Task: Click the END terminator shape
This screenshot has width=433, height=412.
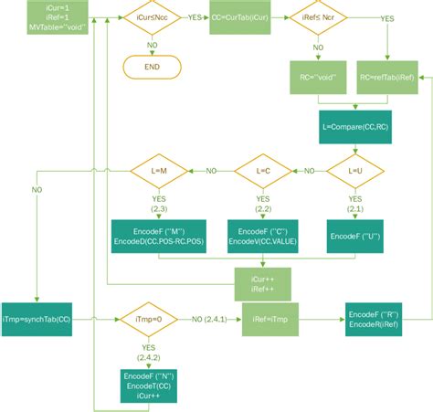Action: click(153, 67)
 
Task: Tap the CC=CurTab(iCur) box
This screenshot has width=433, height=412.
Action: click(238, 17)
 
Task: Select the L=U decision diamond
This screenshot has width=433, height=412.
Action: click(354, 171)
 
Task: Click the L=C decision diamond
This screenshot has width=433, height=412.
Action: click(263, 171)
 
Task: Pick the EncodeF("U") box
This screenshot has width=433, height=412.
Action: click(354, 236)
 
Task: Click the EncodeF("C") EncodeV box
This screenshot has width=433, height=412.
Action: click(263, 236)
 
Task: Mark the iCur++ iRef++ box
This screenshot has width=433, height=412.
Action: click(263, 284)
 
